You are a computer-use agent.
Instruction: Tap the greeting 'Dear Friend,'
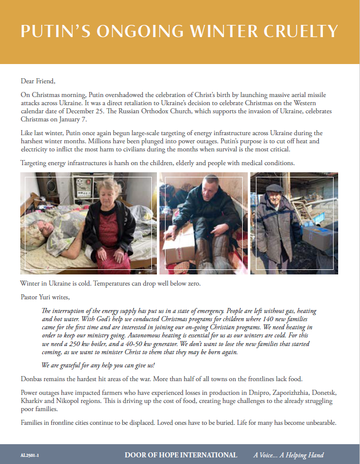point(38,81)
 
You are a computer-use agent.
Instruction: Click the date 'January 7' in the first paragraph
point(74,120)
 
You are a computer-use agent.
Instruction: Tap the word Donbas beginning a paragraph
point(33,379)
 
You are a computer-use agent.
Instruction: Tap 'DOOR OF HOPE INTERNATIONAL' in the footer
point(181,455)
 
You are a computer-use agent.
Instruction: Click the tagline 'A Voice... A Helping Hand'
point(288,455)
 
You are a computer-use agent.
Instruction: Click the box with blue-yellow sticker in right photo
point(317,237)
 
